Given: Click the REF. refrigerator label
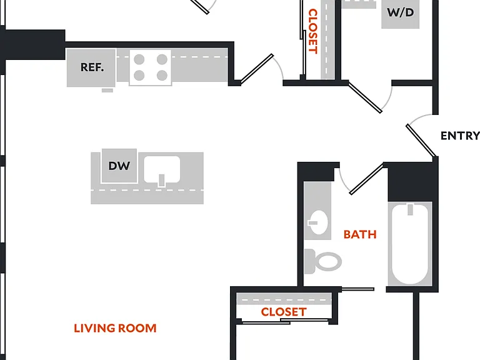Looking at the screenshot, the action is click(92, 67).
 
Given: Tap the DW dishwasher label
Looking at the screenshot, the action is click(119, 166).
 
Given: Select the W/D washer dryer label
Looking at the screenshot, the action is click(400, 12).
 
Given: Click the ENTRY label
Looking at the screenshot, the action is click(460, 136).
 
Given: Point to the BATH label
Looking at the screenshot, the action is click(360, 234).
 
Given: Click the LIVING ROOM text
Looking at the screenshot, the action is click(115, 328).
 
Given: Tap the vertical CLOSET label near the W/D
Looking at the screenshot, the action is click(312, 31).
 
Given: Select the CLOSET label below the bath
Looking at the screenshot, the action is click(284, 312).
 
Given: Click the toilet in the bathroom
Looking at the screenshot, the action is click(323, 261).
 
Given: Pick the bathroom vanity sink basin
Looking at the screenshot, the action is click(318, 222).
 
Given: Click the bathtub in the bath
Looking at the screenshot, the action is click(410, 244).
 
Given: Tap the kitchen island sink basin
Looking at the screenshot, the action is click(162, 169).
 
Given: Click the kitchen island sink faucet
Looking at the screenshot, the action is click(162, 180).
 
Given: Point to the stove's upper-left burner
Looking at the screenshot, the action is click(139, 59).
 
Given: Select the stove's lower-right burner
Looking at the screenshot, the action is click(162, 75).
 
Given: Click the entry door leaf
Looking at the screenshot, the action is click(421, 141).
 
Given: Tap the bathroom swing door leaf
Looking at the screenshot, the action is click(366, 179).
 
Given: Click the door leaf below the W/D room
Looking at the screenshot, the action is click(365, 97).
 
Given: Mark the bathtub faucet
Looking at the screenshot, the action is click(410, 210).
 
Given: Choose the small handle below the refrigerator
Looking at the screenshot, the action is click(107, 90).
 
